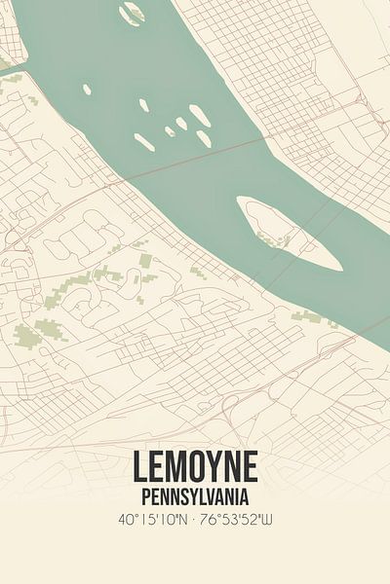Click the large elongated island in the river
(289, 234)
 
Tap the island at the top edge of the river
(130, 13)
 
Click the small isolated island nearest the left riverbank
(87, 90)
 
